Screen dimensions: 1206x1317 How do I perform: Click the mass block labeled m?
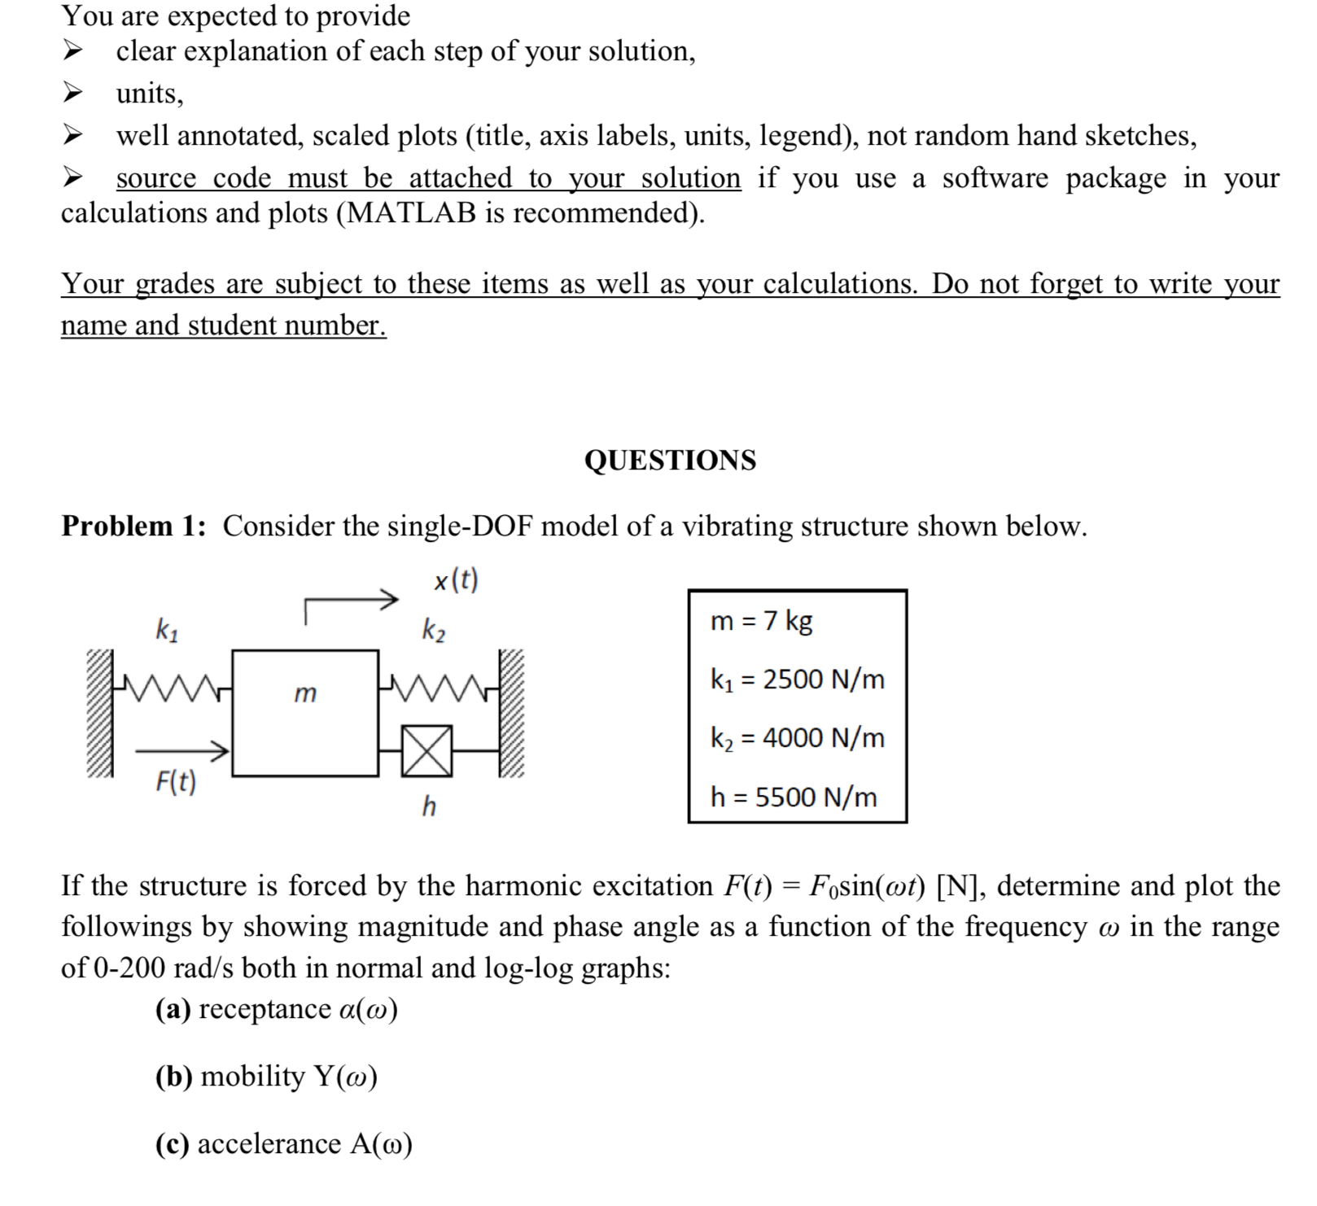point(305,713)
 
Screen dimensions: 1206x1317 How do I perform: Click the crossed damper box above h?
point(427,750)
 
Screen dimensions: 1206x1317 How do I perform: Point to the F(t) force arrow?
point(181,750)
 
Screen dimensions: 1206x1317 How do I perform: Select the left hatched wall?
point(100,713)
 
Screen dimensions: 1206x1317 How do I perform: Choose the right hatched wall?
point(511,713)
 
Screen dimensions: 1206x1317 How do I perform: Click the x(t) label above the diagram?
point(456,580)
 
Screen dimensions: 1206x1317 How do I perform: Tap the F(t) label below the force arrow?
point(176,783)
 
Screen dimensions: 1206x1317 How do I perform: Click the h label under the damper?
point(429,806)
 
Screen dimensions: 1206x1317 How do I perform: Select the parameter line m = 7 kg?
point(761,621)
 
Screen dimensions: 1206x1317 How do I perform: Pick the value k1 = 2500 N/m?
point(797,679)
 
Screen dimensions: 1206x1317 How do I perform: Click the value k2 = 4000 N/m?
point(797,738)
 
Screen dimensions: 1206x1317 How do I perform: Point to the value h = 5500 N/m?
point(794,797)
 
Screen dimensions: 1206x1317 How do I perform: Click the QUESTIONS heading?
point(670,461)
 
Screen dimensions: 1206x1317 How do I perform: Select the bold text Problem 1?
point(133,527)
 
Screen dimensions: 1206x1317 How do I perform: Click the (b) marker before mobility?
point(173,1077)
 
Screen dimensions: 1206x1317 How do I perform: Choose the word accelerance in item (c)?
point(269,1144)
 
